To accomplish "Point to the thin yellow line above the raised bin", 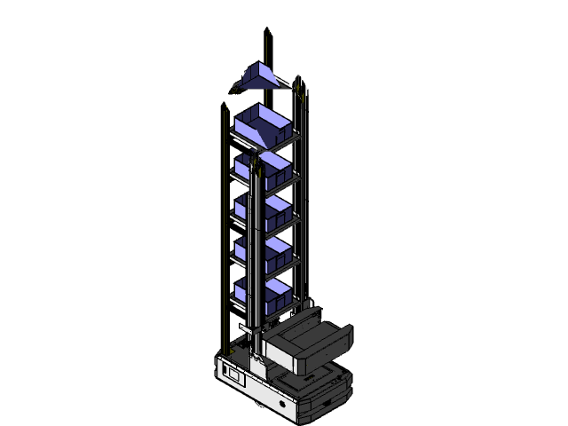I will point(268,49).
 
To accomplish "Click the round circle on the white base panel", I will point(283,404).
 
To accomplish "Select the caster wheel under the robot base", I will point(256,407).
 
